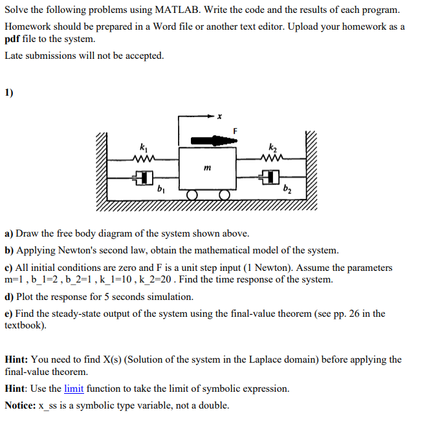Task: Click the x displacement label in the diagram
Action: coord(219,116)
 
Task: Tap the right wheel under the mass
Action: coord(224,195)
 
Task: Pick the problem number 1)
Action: coord(9,92)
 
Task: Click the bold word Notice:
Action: coord(20,405)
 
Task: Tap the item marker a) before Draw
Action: coord(9,233)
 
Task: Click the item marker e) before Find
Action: coord(9,314)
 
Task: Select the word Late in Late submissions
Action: coord(14,56)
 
